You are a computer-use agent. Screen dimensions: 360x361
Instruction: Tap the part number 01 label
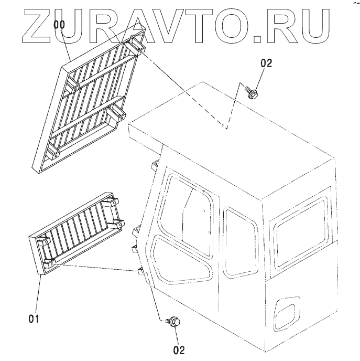click(34, 317)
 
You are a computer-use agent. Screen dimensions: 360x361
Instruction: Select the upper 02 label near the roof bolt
click(266, 63)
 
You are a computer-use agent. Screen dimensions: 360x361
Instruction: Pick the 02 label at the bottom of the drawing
click(179, 349)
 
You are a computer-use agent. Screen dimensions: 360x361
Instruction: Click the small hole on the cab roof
click(224, 125)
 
